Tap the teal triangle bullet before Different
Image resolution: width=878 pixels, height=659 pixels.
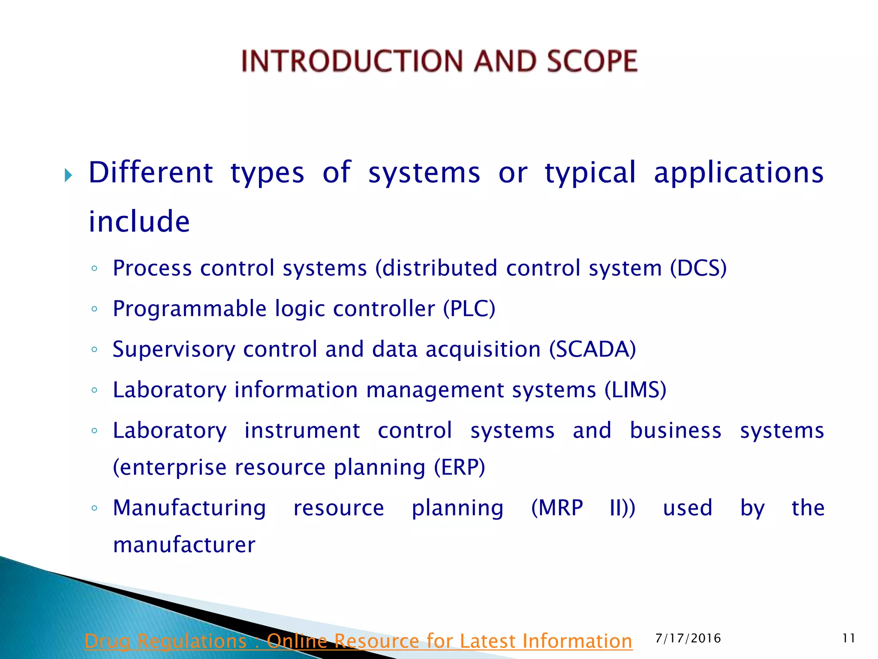(x=68, y=175)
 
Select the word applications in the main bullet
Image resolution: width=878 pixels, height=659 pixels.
(x=739, y=173)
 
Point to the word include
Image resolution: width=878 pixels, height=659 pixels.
(x=139, y=222)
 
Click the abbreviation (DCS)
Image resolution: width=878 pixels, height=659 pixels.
(x=698, y=268)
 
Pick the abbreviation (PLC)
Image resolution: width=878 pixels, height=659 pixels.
(x=469, y=309)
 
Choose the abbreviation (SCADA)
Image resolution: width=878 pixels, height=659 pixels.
(x=592, y=349)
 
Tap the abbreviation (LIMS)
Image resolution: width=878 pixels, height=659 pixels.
(x=635, y=390)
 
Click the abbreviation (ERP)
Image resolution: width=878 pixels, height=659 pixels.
(x=459, y=467)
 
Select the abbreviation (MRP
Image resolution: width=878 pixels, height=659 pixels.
(x=557, y=508)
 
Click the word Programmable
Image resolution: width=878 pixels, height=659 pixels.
(x=189, y=309)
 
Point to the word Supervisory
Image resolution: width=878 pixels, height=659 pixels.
(x=174, y=349)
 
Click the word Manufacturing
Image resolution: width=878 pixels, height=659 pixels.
(x=189, y=508)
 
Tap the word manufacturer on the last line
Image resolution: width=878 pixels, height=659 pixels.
(x=184, y=545)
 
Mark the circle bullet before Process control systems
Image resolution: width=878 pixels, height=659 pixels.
(x=94, y=269)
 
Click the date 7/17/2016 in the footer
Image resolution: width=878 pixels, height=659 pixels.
(x=688, y=638)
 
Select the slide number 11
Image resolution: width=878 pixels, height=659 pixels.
(x=848, y=638)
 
